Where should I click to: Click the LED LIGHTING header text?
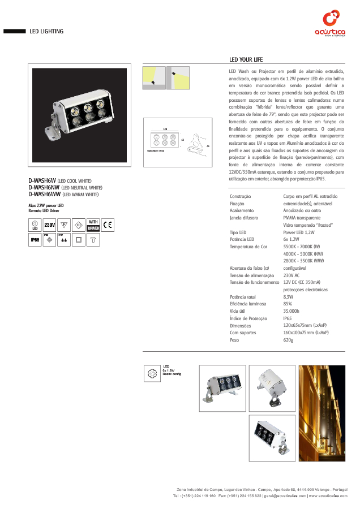coord(46,32)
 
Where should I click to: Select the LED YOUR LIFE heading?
coord(246,60)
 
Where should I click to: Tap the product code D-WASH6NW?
coord(44,187)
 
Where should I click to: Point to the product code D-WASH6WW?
coord(44,194)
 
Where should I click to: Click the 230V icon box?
coord(49,225)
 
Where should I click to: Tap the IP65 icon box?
coord(35,240)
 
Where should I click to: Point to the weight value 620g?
coord(288,340)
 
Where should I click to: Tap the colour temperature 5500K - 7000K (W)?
coord(302,247)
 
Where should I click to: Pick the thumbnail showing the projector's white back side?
coord(272,387)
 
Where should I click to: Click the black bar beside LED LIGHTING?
coord(14,32)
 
